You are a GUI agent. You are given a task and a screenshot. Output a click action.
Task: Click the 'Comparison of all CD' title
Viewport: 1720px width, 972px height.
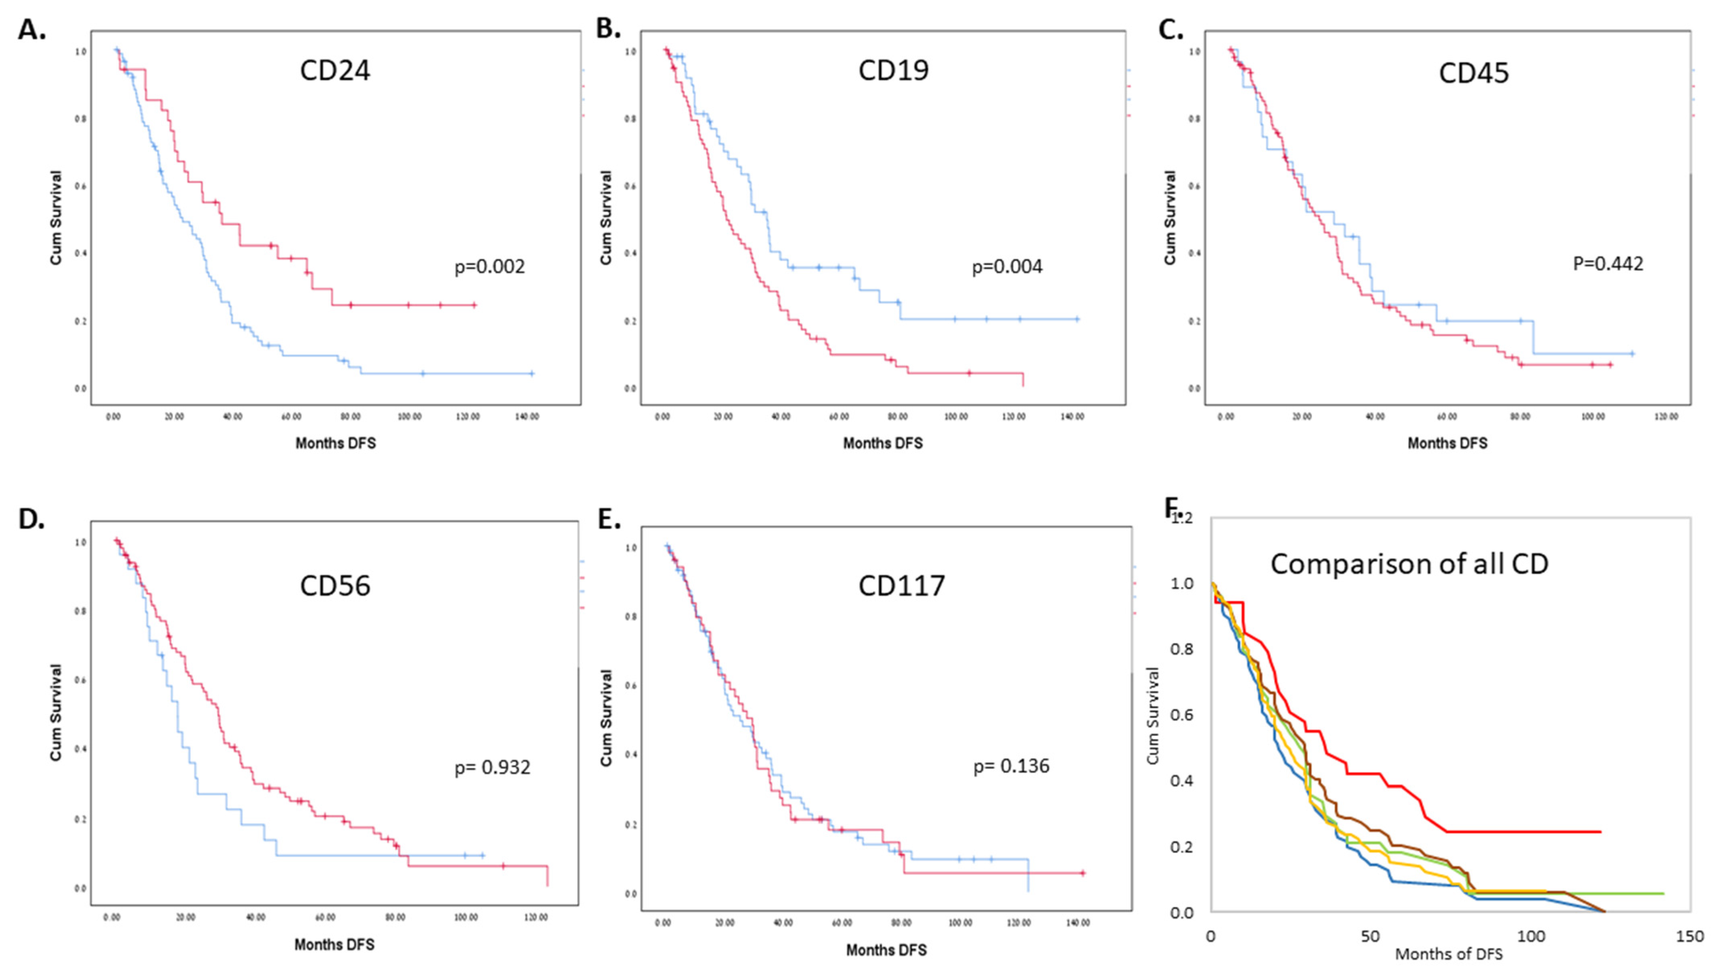(1409, 564)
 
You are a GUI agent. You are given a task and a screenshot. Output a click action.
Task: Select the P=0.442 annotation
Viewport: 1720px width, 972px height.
(1608, 264)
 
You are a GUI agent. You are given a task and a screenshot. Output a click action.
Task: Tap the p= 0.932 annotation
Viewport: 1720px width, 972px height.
(492, 768)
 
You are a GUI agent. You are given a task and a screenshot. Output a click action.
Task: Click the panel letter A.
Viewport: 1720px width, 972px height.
(31, 30)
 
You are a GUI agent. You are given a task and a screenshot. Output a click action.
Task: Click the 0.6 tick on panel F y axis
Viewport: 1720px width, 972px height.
(1182, 715)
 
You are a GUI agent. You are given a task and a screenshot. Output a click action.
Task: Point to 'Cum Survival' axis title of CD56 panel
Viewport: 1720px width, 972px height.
(56, 712)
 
